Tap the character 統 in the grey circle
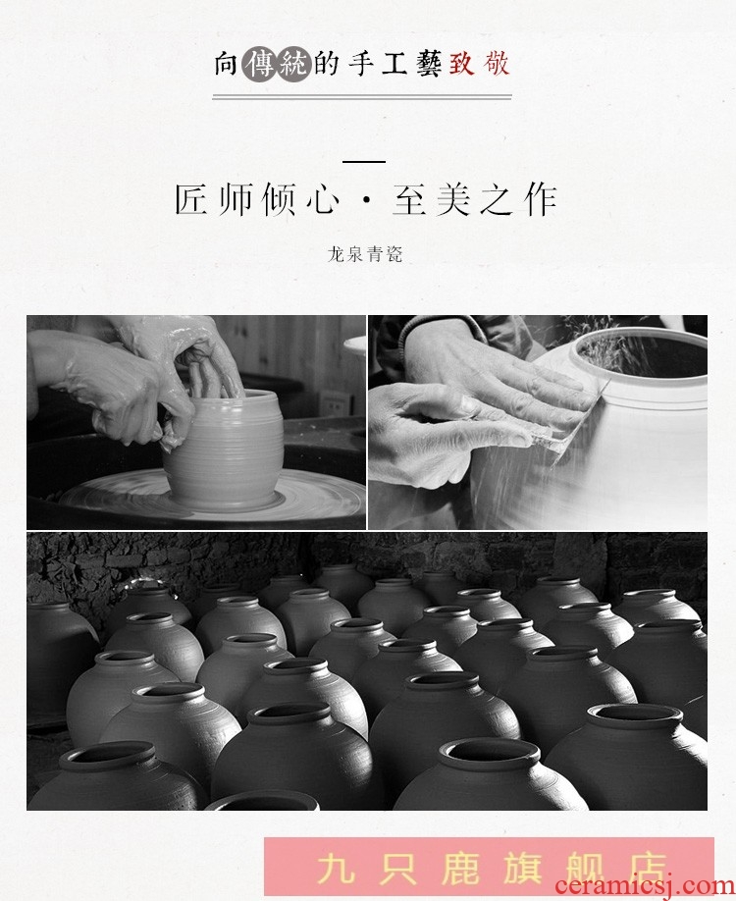293,64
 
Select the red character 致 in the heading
461,63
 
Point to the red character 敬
496,63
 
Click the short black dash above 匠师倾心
364,162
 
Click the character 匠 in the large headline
190,199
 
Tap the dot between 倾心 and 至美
366,200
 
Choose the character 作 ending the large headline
541,199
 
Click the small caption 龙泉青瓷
365,254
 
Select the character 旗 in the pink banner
522,869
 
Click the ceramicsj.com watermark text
645,886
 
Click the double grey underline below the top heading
362,97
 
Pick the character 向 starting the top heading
226,64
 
